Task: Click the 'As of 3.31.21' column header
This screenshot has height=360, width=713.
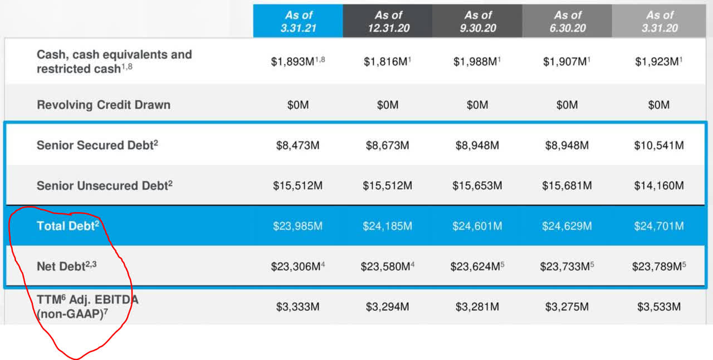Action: [x=298, y=21]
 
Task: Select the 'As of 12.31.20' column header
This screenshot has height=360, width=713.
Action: [x=388, y=21]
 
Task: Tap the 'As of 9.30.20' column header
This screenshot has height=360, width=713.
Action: [x=477, y=21]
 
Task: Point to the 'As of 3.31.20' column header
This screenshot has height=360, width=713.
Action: [x=659, y=21]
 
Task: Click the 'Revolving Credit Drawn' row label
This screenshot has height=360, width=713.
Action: [x=104, y=105]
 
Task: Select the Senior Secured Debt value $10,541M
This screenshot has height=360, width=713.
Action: [x=659, y=145]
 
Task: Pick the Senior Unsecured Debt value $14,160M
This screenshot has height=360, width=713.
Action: [x=659, y=186]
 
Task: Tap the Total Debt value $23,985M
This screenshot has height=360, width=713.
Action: [x=298, y=226]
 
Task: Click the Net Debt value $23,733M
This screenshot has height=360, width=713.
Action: [x=564, y=267]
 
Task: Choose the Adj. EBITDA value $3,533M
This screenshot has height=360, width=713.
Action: [x=659, y=307]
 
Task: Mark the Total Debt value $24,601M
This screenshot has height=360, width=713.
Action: [x=477, y=226]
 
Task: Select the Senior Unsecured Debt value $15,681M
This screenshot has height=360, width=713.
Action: [x=567, y=186]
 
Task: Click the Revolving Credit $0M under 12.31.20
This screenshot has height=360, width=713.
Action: [x=388, y=105]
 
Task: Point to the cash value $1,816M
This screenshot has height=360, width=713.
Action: [x=385, y=62]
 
